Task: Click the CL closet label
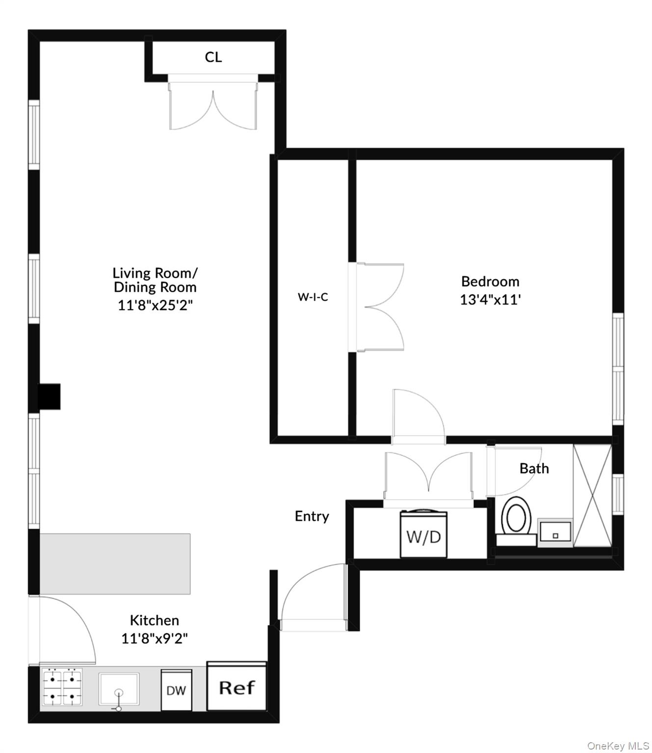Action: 213,57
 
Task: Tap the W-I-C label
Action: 313,297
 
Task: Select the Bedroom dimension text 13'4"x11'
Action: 490,300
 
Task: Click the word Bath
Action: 534,469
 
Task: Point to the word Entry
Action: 312,516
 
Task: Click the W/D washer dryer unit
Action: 424,536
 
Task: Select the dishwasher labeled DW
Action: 176,690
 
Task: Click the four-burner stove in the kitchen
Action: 62,687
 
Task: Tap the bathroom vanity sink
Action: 555,533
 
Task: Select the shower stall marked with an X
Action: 593,495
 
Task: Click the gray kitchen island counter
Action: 115,564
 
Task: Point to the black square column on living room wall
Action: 50,396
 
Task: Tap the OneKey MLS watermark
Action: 618,746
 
